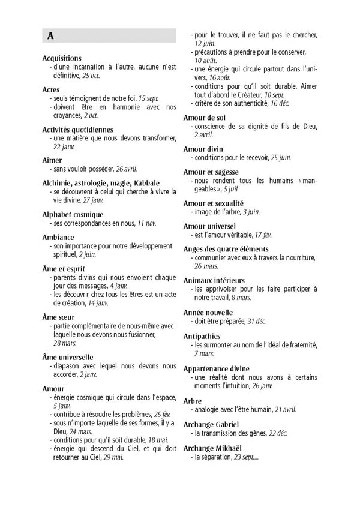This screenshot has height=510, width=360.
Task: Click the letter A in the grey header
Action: click(x=51, y=36)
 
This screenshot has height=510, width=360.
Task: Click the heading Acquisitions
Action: click(x=62, y=58)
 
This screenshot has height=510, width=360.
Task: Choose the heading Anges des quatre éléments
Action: click(x=226, y=248)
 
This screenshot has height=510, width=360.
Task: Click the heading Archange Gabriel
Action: click(x=214, y=424)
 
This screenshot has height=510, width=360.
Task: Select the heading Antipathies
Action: click(x=203, y=336)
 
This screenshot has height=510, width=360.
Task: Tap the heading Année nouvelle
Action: click(x=208, y=313)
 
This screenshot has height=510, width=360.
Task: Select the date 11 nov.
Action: click(x=145, y=223)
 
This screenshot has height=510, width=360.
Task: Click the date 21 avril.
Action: click(x=282, y=409)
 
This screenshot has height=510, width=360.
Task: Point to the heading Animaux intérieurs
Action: click(x=214, y=280)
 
